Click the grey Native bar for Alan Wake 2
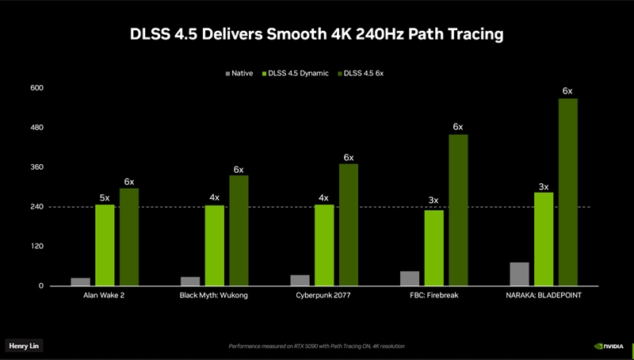(x=80, y=281)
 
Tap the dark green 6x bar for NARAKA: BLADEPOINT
(x=567, y=192)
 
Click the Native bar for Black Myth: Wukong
(x=190, y=281)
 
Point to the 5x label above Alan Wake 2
(x=105, y=197)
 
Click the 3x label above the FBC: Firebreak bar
(x=433, y=200)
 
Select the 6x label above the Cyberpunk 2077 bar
(x=349, y=157)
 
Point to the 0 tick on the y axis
(x=40, y=286)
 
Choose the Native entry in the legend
(x=239, y=73)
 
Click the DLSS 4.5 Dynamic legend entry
(x=292, y=73)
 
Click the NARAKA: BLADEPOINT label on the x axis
(x=544, y=295)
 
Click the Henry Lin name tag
(x=23, y=346)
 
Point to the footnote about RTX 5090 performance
(x=317, y=347)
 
